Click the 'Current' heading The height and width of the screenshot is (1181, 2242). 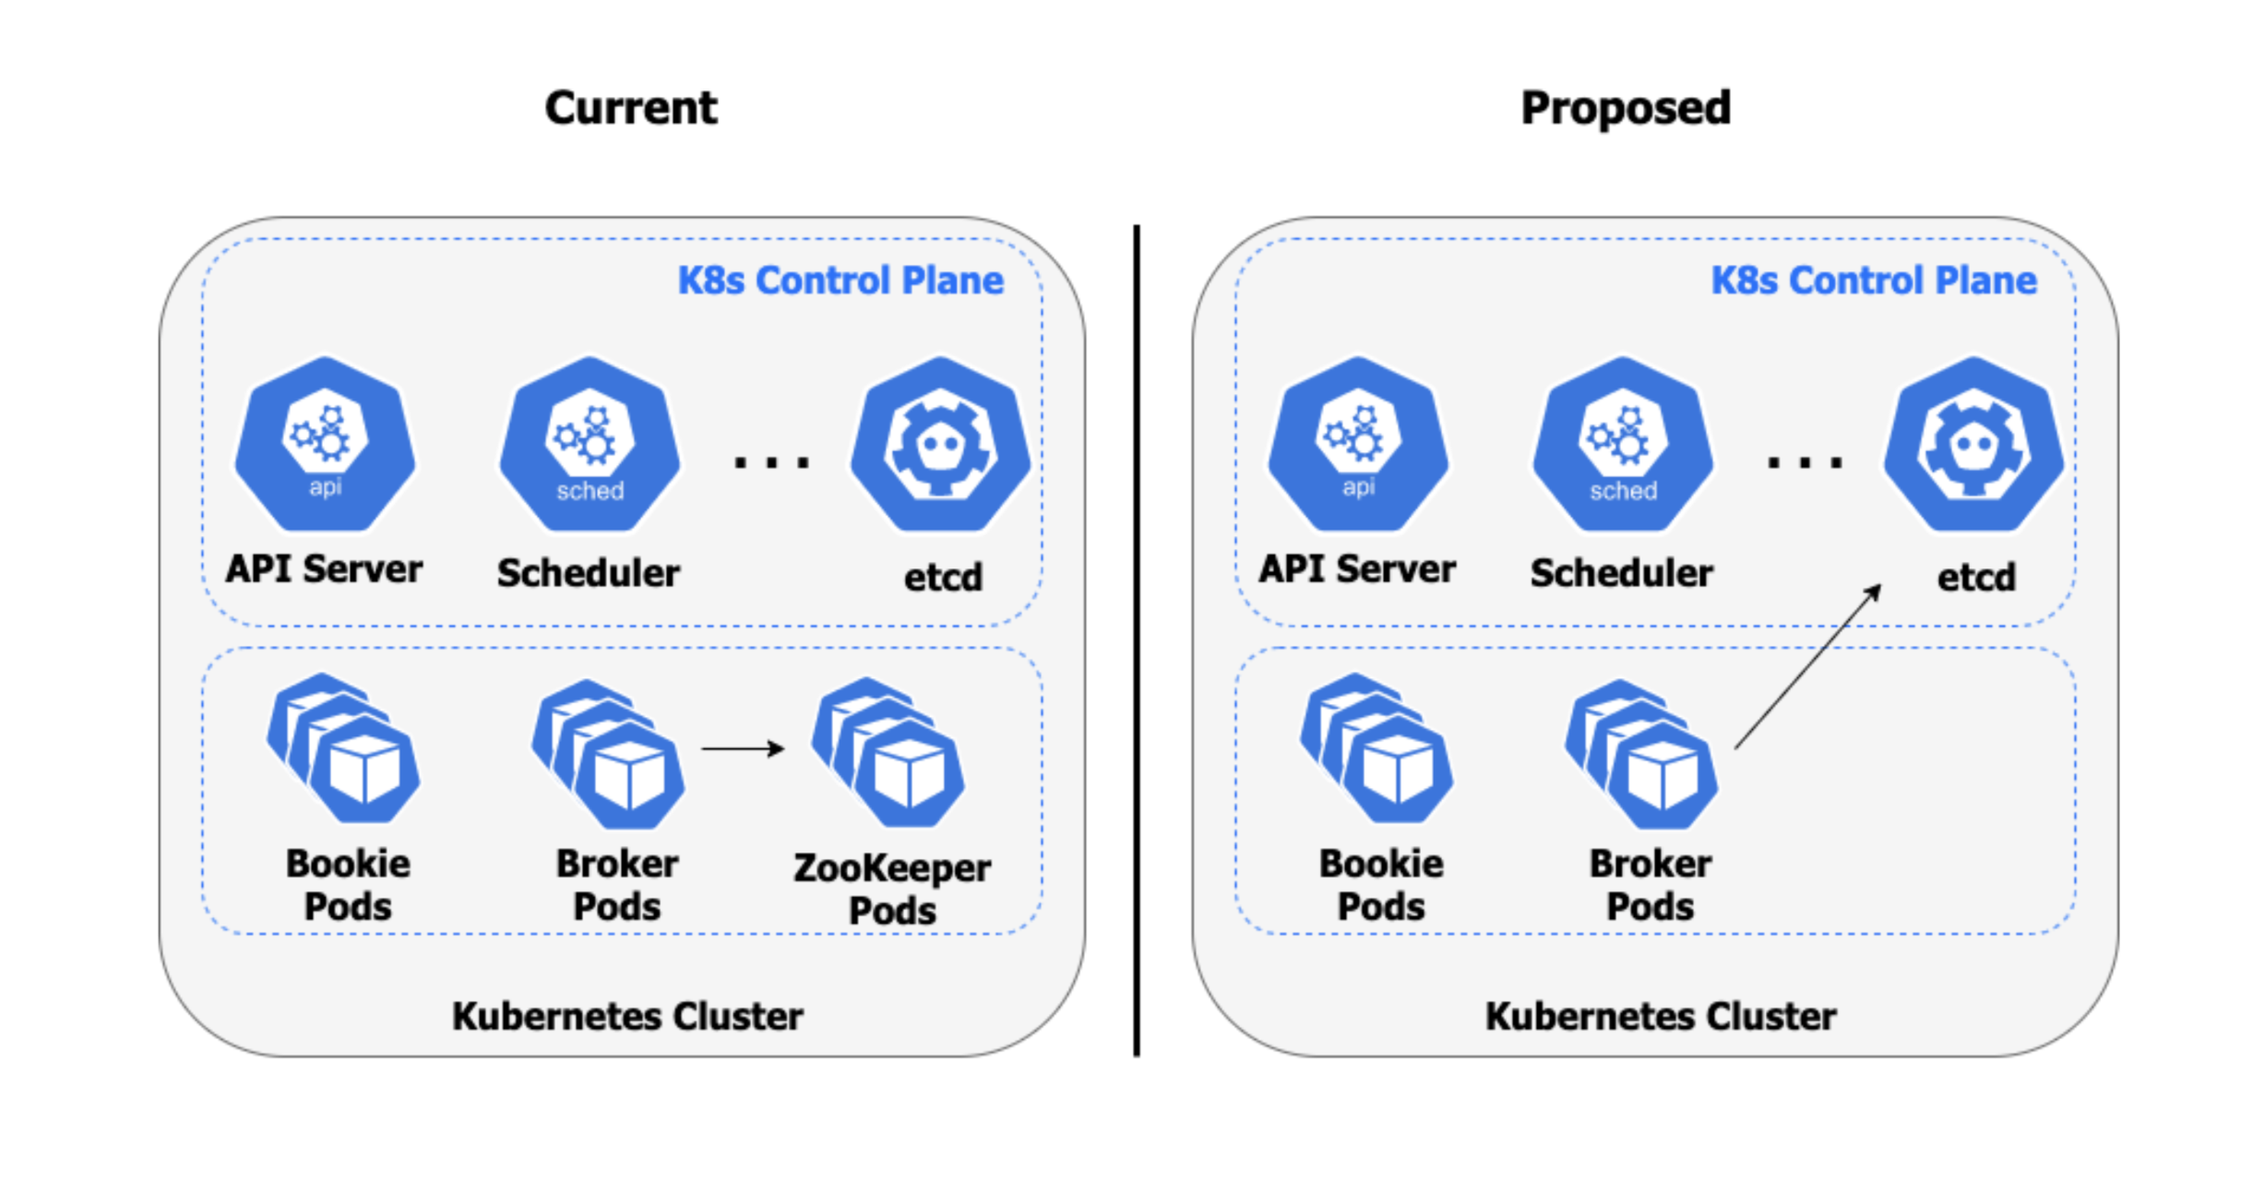630,108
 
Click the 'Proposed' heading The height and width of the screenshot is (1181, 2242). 1625,108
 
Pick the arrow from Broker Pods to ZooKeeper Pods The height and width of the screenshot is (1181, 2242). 743,748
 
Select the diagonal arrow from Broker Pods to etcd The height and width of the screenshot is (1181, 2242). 1807,667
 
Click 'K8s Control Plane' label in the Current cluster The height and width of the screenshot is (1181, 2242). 841,280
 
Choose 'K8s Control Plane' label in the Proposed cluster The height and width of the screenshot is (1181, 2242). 1874,280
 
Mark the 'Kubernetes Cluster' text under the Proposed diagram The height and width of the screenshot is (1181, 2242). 1661,1016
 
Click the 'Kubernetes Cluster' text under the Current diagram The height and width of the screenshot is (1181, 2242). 627,1016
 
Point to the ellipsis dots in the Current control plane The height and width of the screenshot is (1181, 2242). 771,461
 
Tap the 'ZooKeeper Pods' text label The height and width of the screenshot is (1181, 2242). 891,889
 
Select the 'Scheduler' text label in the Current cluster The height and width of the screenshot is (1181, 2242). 589,573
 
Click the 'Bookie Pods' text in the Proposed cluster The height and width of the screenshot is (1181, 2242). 1381,885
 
